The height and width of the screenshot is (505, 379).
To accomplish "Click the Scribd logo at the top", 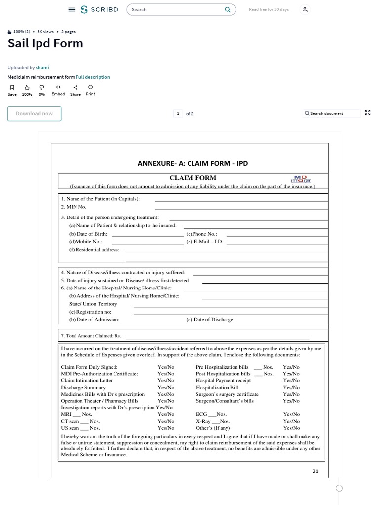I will coord(99,9).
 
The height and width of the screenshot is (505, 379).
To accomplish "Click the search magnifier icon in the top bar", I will coord(227,9).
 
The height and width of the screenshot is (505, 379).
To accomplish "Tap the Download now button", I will coord(34,113).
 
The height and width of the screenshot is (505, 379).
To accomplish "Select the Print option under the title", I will coord(90,90).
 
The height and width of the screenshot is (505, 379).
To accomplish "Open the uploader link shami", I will coord(42,67).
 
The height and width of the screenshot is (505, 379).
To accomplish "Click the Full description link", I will coord(93,77).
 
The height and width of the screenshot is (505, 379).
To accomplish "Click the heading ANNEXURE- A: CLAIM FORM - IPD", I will coord(189,163).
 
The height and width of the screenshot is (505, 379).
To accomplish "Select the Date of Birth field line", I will coord(148,236).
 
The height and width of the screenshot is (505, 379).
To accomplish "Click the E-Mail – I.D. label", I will coord(204,242).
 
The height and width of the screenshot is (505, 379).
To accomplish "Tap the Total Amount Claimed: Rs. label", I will coord(91,336).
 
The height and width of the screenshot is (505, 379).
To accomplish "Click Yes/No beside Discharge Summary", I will coord(166,388).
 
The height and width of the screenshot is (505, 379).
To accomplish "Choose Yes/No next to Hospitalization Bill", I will coord(291,388).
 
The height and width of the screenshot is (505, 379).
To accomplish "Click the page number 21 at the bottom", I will coord(316,471).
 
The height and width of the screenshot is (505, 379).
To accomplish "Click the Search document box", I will coord(327,113).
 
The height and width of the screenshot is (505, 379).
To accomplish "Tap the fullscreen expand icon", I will coord(367,113).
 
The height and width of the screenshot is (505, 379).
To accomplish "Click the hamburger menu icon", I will coord(72,9).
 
